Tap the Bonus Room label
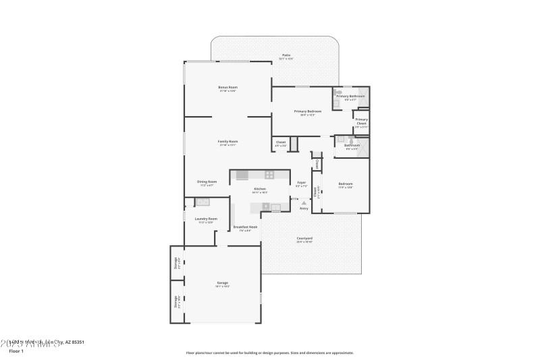point(227,87)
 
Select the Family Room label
point(227,142)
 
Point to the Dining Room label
point(207,182)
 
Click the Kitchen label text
point(260,189)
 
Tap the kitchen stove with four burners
point(269,175)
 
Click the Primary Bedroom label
point(307,111)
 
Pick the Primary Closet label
point(361,121)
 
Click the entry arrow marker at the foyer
point(304,202)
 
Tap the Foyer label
point(302,182)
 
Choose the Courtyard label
point(304,238)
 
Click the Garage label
point(222,282)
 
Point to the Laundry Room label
point(206,219)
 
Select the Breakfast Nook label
point(244,227)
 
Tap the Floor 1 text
point(15,351)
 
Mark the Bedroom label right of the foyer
point(345,184)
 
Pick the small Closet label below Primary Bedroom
point(281,142)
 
